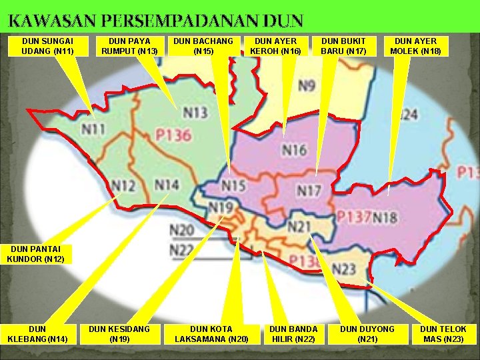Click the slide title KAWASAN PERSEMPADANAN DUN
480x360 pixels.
point(155,21)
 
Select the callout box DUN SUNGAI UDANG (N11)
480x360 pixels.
point(47,46)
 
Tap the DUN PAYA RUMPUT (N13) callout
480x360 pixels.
point(129,46)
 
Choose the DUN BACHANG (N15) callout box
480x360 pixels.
point(203,46)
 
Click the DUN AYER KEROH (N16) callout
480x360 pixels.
point(275,46)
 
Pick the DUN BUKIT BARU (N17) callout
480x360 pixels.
point(343,46)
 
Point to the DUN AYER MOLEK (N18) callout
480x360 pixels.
point(415,46)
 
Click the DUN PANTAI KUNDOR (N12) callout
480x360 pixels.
point(35,255)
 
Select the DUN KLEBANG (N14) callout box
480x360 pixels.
point(38,334)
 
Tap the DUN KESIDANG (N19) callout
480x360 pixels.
point(119,334)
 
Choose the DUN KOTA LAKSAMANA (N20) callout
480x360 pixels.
point(211,334)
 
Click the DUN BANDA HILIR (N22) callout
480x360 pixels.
point(293,334)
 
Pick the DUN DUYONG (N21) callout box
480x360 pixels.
point(367,334)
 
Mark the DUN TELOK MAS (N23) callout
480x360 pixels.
point(443,334)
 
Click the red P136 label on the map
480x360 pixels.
point(173,135)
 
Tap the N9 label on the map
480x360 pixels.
point(307,86)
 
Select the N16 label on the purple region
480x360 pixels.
point(294,150)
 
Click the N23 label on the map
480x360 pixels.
point(344,269)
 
